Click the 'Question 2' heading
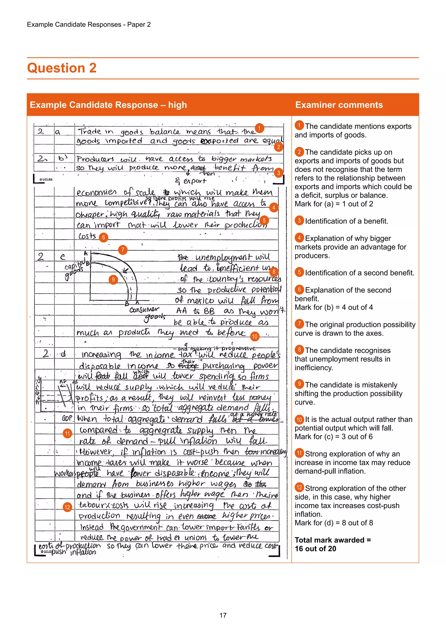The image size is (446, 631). (62, 68)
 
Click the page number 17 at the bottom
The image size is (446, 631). (223, 615)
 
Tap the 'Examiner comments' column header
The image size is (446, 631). (339, 105)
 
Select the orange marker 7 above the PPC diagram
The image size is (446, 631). (123, 250)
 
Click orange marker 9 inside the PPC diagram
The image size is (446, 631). (113, 280)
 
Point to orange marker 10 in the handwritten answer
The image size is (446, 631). (255, 336)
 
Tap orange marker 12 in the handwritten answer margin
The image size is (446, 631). (67, 507)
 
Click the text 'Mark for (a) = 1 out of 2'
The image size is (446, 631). (334, 204)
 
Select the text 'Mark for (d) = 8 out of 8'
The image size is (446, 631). (334, 523)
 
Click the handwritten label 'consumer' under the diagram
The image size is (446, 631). (144, 310)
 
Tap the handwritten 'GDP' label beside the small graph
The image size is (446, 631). (67, 419)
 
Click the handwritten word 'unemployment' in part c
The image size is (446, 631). (223, 258)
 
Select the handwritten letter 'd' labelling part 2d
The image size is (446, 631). (63, 354)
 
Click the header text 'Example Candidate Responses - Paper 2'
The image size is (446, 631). (89, 24)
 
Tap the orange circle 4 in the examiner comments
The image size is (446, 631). (299, 237)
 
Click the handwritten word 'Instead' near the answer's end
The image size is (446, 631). (92, 527)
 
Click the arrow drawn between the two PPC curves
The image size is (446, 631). (125, 270)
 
